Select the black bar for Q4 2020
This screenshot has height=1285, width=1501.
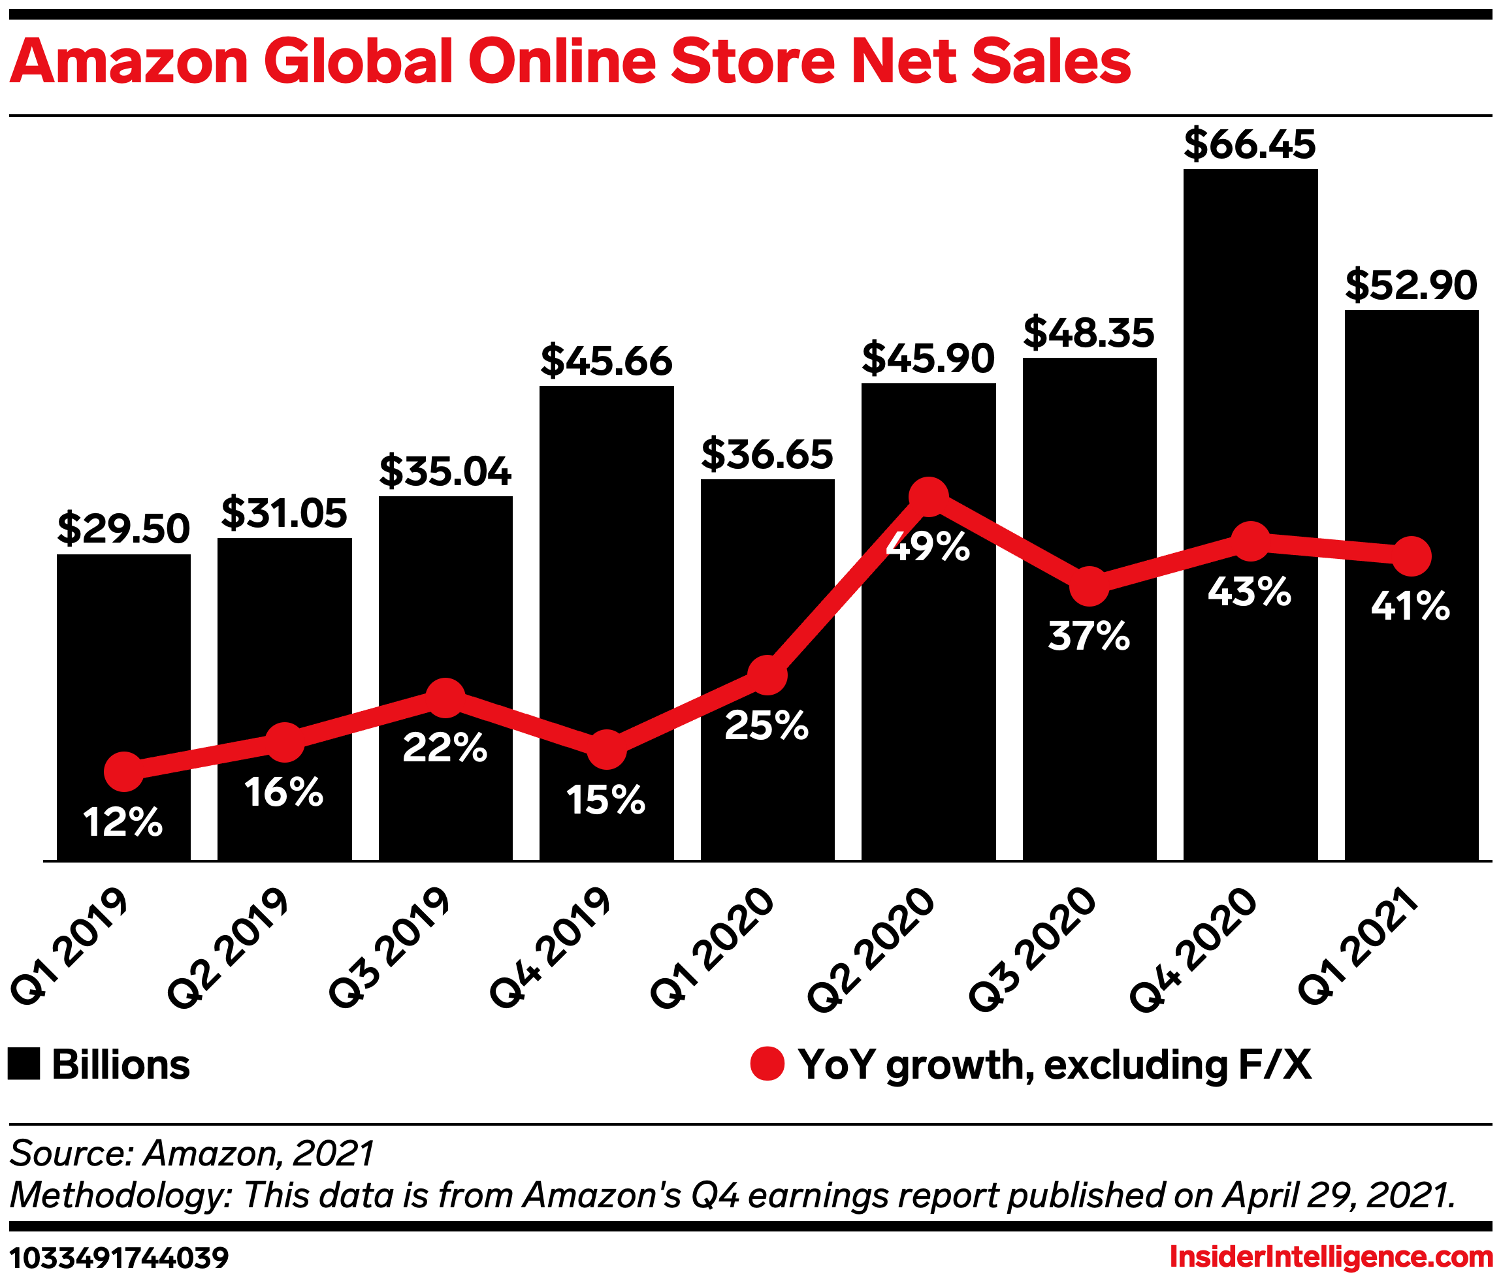1250,362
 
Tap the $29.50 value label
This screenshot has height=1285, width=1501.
123,529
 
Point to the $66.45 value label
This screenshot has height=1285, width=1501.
1250,144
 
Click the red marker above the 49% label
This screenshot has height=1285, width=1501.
928,496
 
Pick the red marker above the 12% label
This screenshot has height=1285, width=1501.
123,772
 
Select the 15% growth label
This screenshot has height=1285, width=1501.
605,801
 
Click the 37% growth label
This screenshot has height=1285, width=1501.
1089,636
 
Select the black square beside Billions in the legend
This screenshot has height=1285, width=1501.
24,1065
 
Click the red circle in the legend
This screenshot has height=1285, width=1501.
767,1064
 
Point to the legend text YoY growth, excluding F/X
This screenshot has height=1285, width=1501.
1054,1065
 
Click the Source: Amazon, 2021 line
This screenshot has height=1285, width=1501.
192,1153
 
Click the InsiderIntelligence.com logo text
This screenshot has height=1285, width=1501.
1331,1258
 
